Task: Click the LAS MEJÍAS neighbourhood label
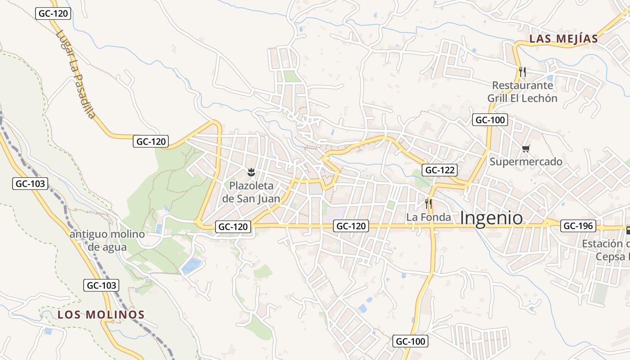[563, 39]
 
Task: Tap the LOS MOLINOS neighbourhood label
[101, 315]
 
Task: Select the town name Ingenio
[491, 218]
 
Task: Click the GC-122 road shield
[440, 170]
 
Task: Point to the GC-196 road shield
[578, 226]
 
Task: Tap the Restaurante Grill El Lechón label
[522, 92]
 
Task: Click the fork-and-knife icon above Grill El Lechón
[522, 71]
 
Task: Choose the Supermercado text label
[526, 162]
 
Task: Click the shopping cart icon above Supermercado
[526, 148]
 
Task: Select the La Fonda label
[428, 217]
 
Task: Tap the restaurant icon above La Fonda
[428, 204]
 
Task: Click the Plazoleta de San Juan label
[252, 192]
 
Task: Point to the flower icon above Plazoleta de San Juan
[252, 171]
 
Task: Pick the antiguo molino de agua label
[107, 241]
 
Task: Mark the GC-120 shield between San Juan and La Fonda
[351, 226]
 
